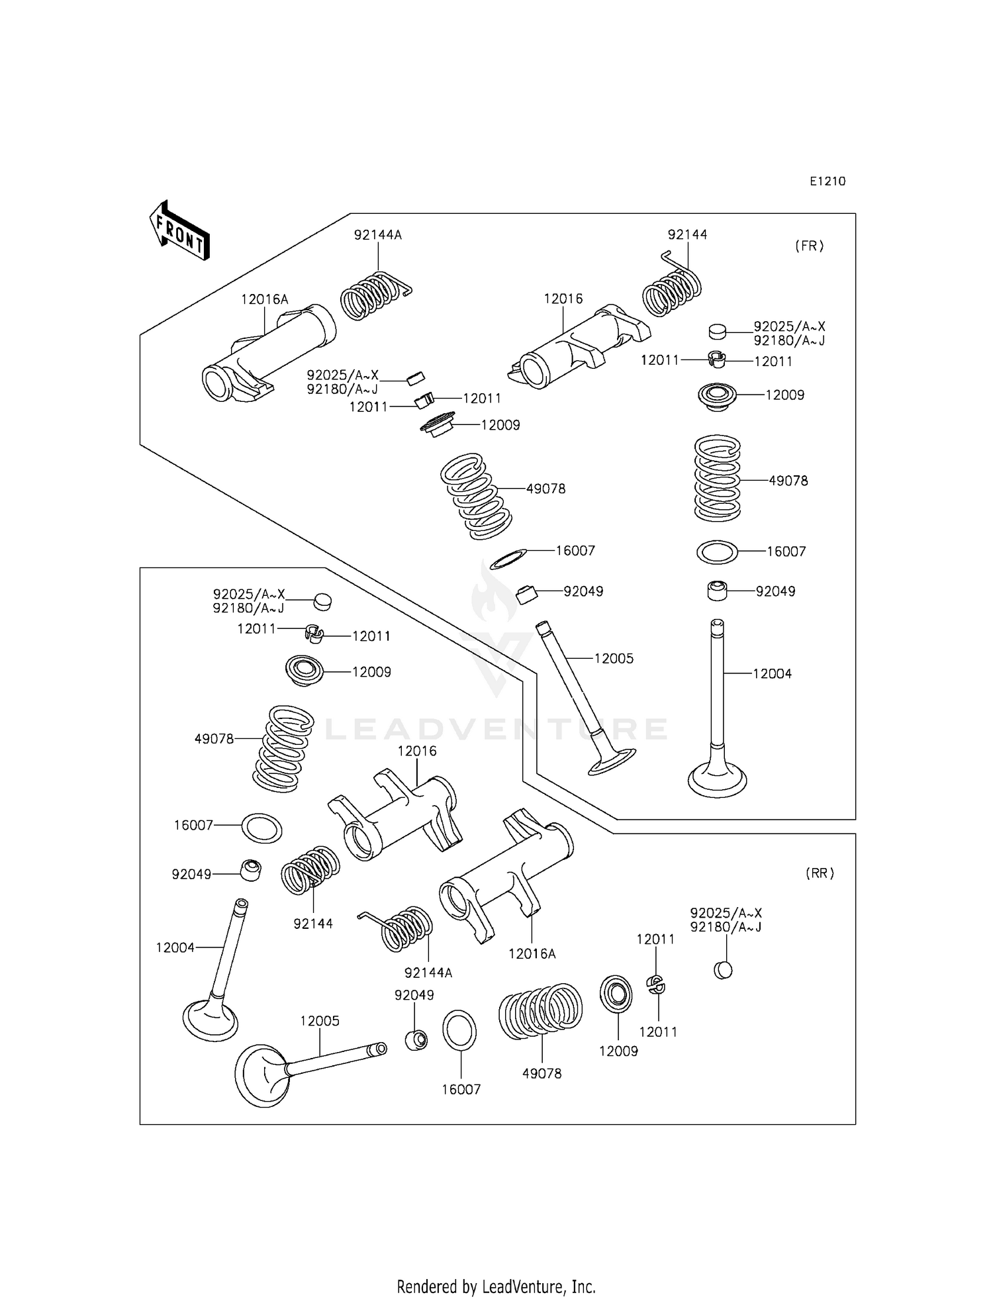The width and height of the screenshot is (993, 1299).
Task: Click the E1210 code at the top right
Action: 827,181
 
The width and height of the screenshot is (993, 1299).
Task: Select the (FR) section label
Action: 809,246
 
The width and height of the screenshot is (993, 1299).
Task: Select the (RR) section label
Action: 820,873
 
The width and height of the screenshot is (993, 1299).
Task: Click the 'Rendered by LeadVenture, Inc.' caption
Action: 496,1268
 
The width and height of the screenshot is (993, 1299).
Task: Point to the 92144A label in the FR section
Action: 377,234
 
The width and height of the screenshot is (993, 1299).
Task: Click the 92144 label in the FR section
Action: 687,234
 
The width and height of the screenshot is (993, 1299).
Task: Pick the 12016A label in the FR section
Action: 264,299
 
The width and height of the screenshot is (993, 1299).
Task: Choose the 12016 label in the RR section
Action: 417,751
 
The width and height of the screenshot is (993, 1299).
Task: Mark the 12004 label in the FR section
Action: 772,673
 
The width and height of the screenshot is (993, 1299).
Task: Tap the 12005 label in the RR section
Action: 320,1021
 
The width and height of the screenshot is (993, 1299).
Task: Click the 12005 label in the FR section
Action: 614,658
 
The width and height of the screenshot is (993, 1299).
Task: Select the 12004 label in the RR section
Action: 175,947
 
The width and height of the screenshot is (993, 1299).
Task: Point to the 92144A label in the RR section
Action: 428,973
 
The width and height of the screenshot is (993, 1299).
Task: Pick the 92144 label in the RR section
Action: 313,924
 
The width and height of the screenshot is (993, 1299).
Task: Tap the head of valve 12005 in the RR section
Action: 262,1074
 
